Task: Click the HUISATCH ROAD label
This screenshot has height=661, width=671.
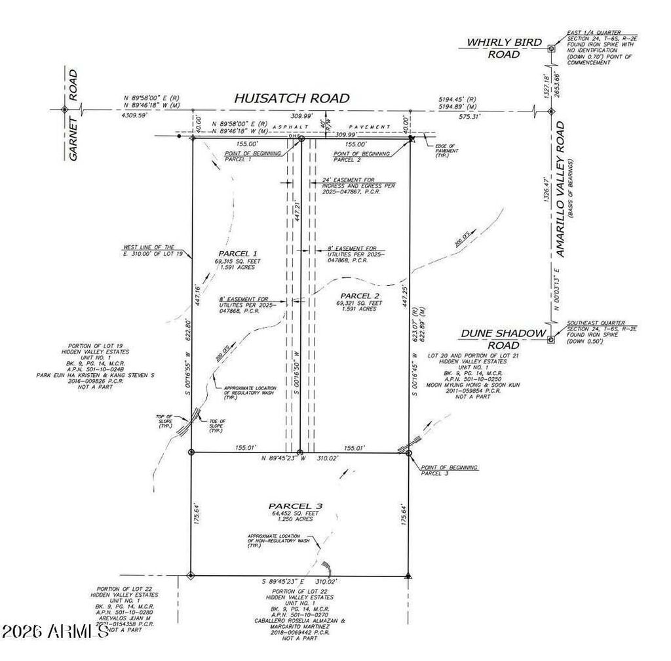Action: click(x=292, y=98)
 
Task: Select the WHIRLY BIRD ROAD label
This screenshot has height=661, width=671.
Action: click(x=504, y=48)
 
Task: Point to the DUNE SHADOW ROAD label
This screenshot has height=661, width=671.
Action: click(x=503, y=339)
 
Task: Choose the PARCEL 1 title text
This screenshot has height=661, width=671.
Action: click(x=237, y=253)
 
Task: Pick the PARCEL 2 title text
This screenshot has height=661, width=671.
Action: click(x=356, y=295)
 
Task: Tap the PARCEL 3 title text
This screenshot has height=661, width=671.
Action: click(x=293, y=506)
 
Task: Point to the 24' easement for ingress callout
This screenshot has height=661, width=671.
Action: click(x=358, y=186)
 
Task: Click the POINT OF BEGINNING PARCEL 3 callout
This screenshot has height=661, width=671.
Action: click(x=449, y=470)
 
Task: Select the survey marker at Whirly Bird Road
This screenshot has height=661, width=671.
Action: click(x=550, y=49)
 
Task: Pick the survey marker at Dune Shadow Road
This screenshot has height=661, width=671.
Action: click(x=550, y=339)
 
